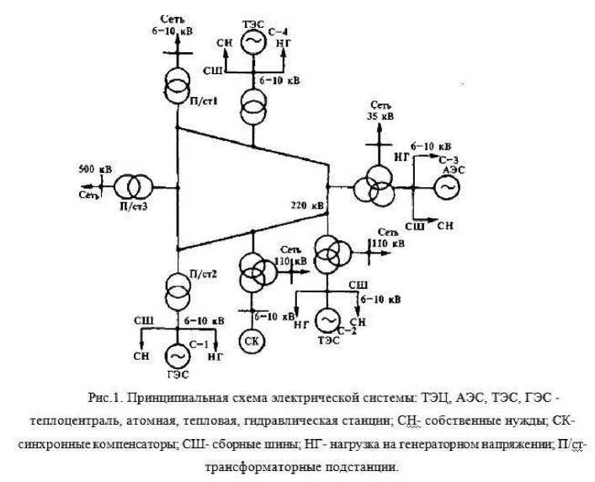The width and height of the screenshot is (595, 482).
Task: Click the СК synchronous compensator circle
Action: pyautogui.click(x=252, y=340)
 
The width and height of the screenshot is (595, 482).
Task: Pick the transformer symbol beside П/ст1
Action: pyautogui.click(x=178, y=86)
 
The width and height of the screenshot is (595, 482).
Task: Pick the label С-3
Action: pyautogui.click(x=449, y=159)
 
